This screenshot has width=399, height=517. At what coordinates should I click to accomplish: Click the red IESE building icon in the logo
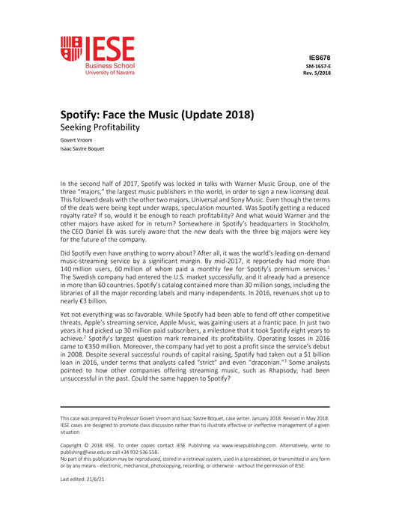[71, 49]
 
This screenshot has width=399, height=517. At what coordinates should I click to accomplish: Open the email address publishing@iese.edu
[89, 452]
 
